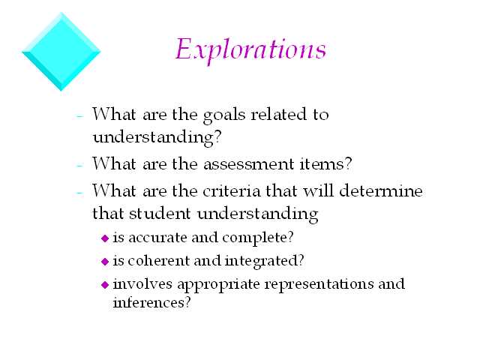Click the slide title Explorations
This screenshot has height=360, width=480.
pyautogui.click(x=250, y=50)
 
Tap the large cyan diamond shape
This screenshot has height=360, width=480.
pyautogui.click(x=61, y=52)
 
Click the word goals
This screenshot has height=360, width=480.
pyautogui.click(x=224, y=115)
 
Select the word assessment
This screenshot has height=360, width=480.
pyautogui.click(x=248, y=164)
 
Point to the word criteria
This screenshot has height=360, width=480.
pyautogui.click(x=232, y=191)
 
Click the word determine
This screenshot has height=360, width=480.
pyautogui.click(x=381, y=190)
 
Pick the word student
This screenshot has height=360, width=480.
pyautogui.click(x=160, y=213)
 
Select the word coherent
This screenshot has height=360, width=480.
pyautogui.click(x=158, y=260)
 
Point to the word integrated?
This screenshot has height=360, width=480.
pyautogui.click(x=265, y=262)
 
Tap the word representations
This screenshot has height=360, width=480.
pyautogui.click(x=319, y=284)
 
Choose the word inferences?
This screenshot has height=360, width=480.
pyautogui.click(x=151, y=302)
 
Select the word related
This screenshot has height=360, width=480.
pyautogui.click(x=278, y=114)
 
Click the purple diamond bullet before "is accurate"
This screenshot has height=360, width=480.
pyautogui.click(x=105, y=238)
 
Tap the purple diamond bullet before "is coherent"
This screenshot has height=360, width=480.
pyautogui.click(x=105, y=262)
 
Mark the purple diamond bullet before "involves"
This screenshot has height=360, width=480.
pyautogui.click(x=105, y=285)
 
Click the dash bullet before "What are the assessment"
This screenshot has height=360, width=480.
pyautogui.click(x=79, y=166)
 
